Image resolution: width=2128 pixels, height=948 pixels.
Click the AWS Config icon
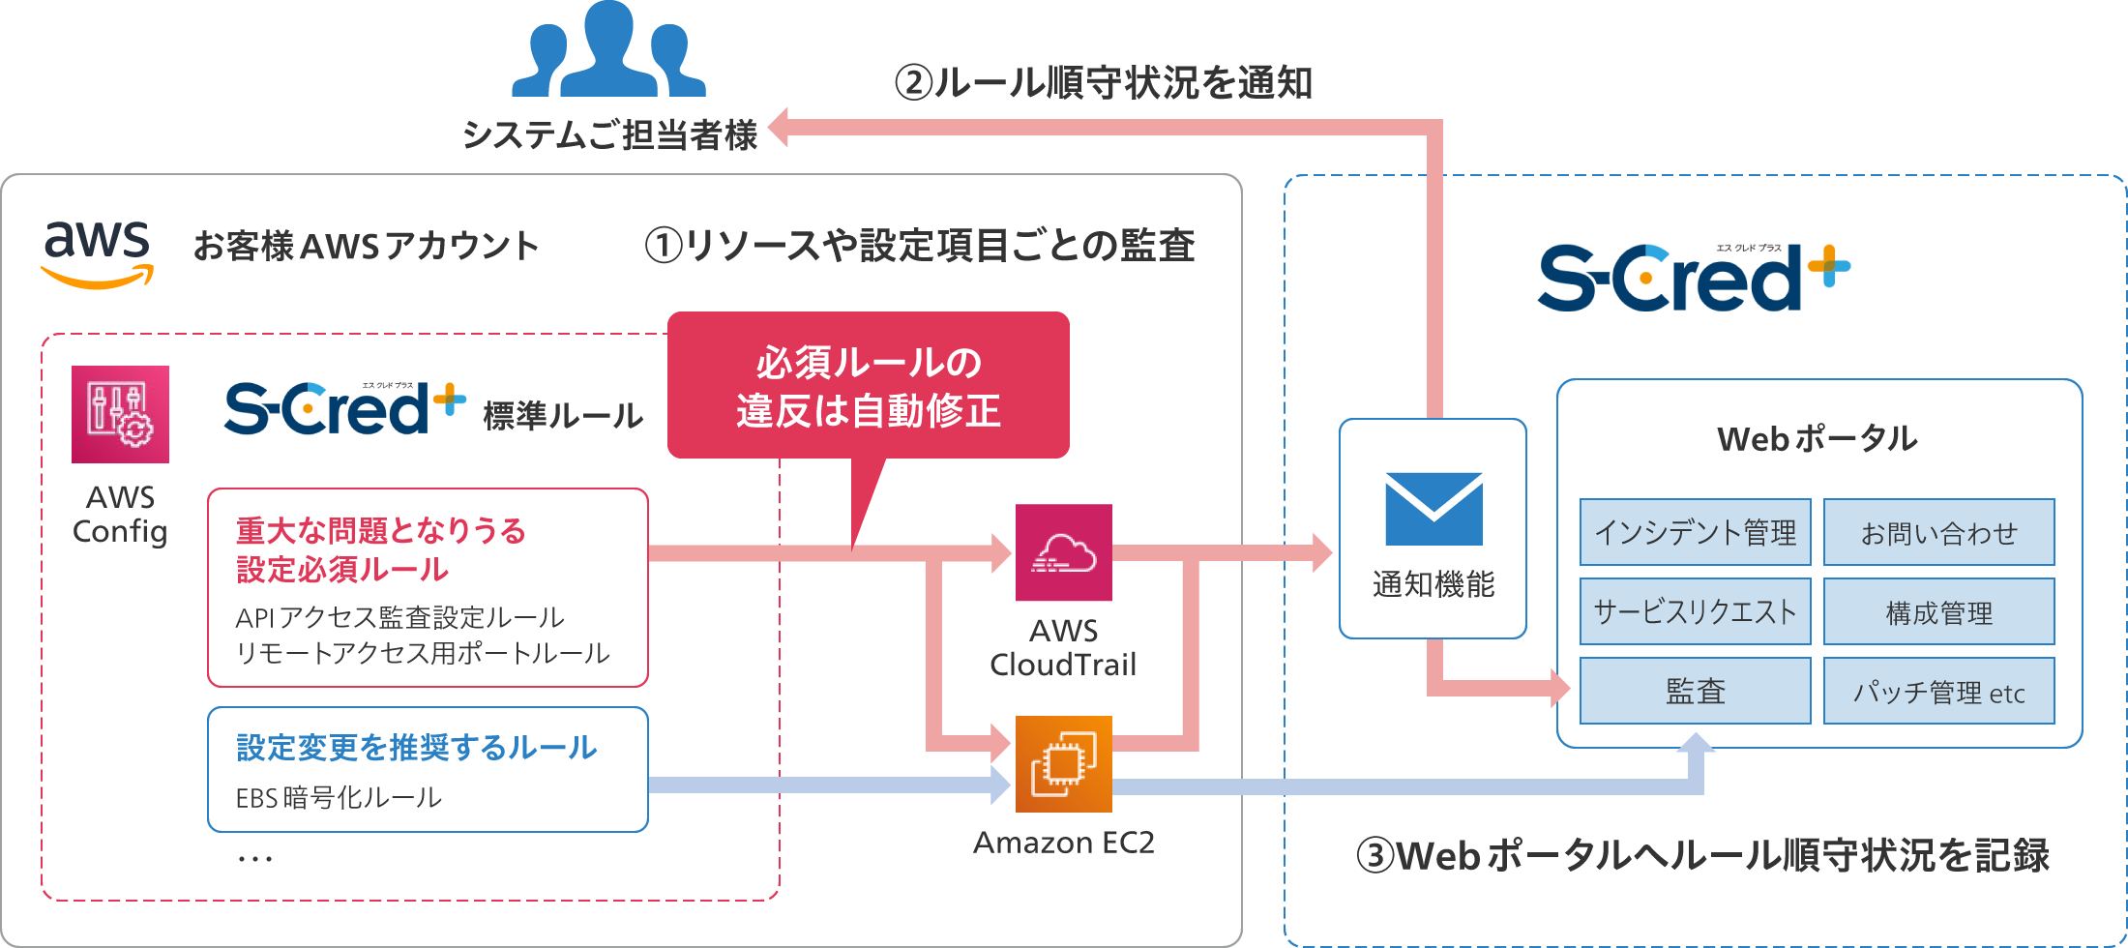[x=120, y=414]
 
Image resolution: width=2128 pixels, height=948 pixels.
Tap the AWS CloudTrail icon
[x=1063, y=552]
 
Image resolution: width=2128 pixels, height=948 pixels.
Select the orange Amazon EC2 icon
[x=1063, y=763]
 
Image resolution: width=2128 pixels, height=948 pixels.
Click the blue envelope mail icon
[x=1433, y=509]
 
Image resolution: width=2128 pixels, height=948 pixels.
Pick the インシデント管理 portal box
[x=1695, y=532]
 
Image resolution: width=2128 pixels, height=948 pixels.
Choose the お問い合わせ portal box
[x=1938, y=532]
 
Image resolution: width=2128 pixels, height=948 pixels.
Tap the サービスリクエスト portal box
[x=1695, y=611]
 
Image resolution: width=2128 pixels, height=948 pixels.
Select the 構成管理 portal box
[x=1938, y=611]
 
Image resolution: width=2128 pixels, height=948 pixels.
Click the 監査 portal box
[x=1695, y=691]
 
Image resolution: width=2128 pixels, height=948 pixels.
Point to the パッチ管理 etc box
[x=1938, y=691]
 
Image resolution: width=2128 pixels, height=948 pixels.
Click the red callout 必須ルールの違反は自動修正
[x=868, y=385]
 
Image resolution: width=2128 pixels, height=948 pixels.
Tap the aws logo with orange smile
[x=97, y=252]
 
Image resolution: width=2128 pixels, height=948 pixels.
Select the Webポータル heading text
[x=1817, y=438]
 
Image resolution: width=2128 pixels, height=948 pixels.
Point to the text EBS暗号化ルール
[x=339, y=797]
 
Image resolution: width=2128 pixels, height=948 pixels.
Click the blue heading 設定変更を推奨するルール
[x=416, y=747]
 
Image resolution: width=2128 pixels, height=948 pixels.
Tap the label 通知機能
[x=1433, y=584]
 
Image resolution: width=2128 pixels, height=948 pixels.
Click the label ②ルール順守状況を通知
[x=1103, y=82]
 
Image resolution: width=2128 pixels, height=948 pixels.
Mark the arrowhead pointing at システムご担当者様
[x=778, y=128]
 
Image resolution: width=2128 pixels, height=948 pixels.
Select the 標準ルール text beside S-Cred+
[x=562, y=415]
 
